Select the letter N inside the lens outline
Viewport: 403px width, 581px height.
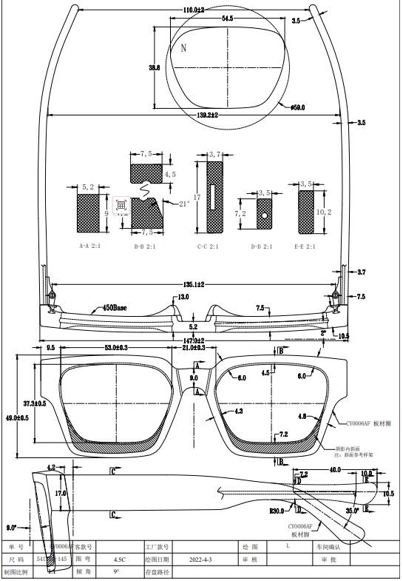coord(183,48)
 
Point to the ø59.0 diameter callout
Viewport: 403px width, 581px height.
coord(297,107)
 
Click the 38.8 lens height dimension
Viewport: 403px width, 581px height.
coord(154,67)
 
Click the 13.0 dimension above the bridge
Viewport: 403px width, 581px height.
coord(183,297)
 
